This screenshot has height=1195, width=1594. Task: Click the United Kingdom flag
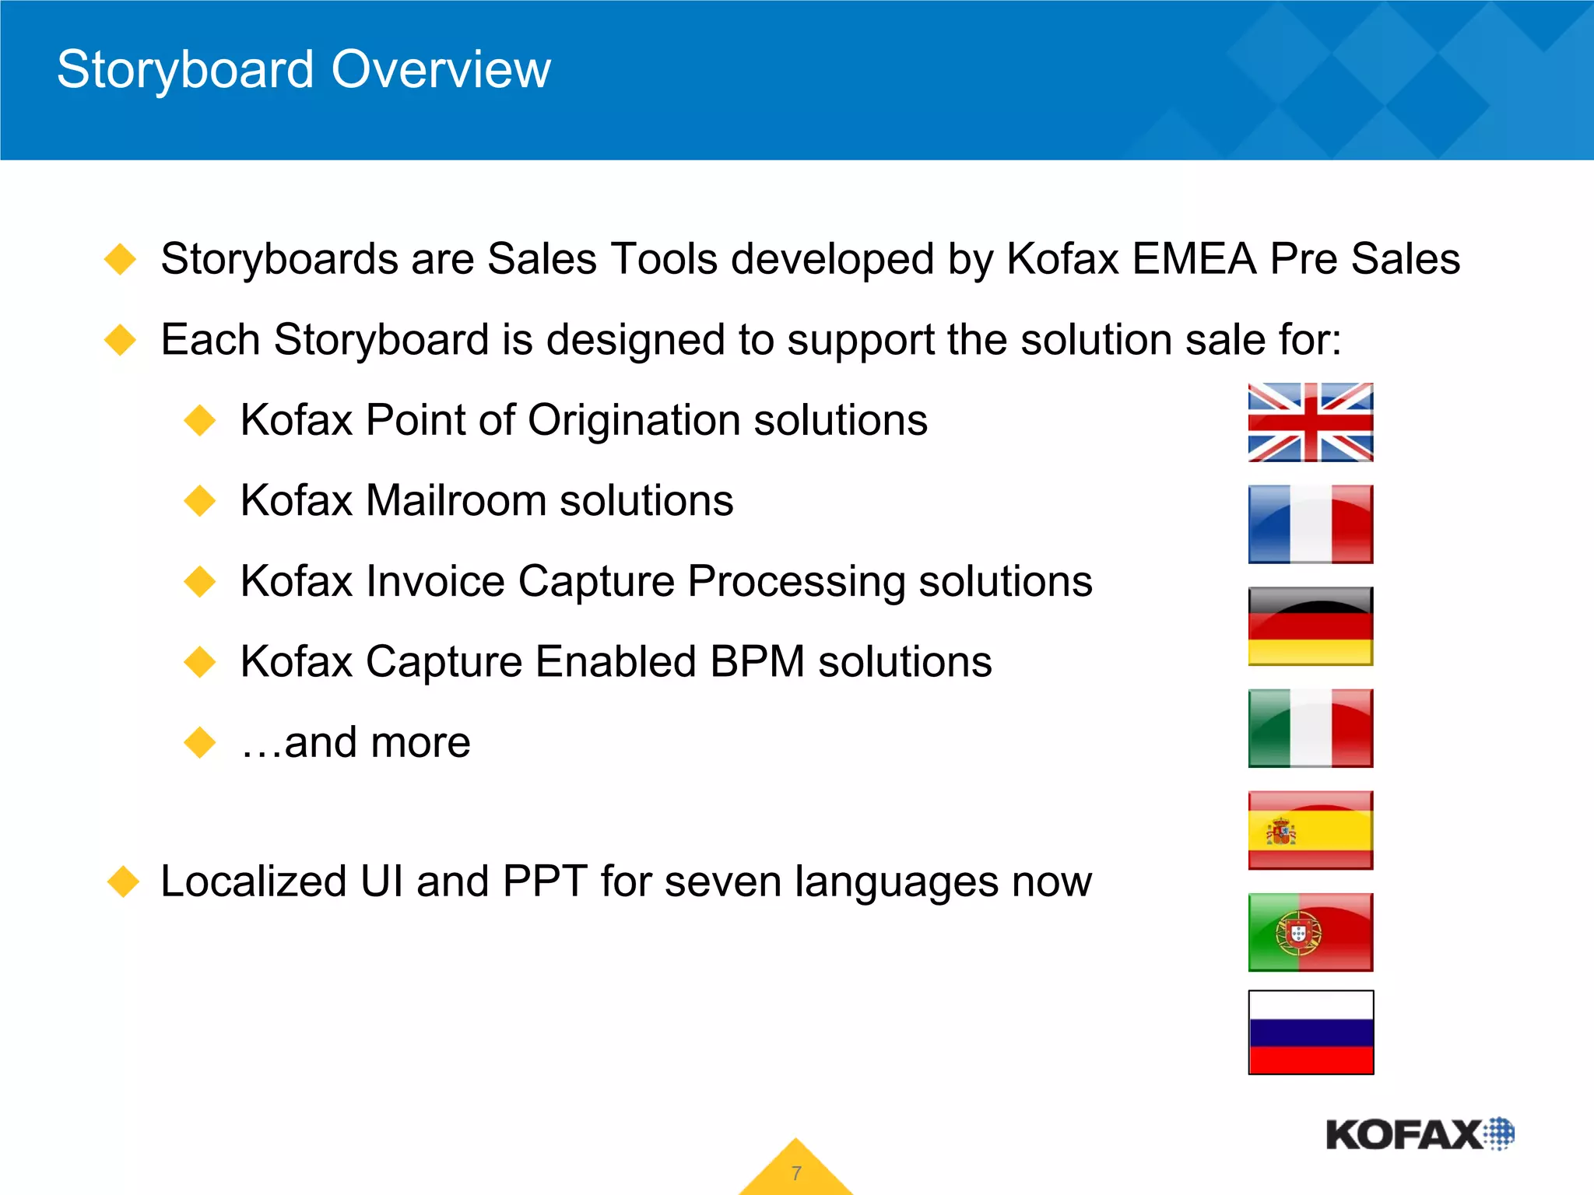tap(1310, 422)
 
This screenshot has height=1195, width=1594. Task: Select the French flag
tap(1310, 524)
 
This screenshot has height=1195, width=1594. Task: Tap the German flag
tap(1310, 626)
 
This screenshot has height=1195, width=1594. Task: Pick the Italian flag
tap(1310, 728)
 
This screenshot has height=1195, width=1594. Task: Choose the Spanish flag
tap(1310, 830)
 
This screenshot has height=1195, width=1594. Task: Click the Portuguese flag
tap(1310, 932)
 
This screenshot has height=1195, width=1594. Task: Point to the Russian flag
tap(1311, 1032)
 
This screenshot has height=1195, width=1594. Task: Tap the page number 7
tap(796, 1173)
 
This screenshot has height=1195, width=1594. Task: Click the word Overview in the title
tap(441, 70)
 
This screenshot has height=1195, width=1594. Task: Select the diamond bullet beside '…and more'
tap(200, 742)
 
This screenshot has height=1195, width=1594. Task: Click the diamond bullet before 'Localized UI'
tap(123, 882)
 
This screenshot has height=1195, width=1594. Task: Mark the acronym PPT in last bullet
tap(544, 882)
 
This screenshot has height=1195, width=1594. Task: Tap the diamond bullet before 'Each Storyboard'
tap(121, 340)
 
